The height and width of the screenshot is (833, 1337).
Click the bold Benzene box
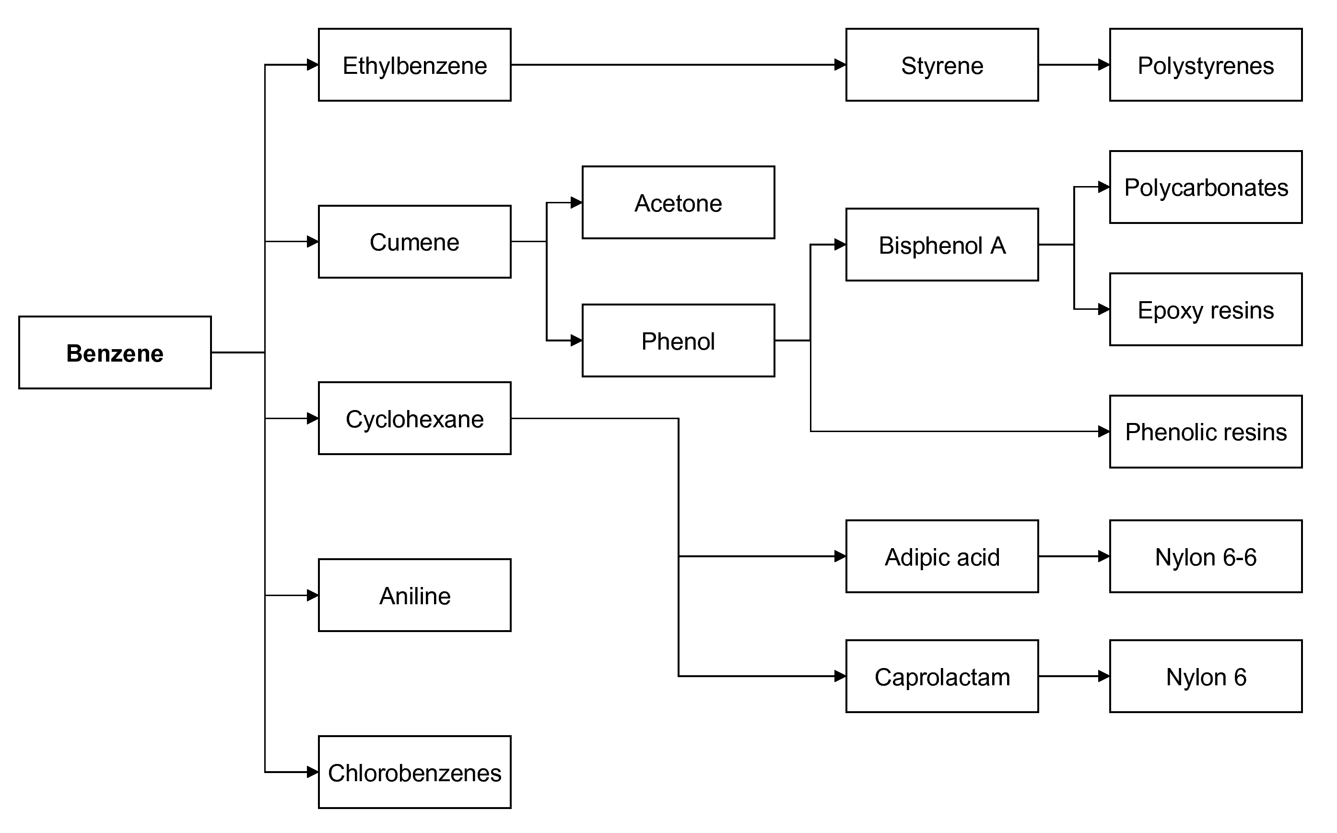pyautogui.click(x=115, y=352)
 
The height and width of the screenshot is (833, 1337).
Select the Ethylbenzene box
pyautogui.click(x=414, y=65)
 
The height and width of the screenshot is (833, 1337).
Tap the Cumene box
pyautogui.click(x=414, y=242)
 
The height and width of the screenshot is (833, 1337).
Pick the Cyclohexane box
pyautogui.click(x=414, y=419)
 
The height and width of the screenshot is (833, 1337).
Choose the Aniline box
pyautogui.click(x=414, y=596)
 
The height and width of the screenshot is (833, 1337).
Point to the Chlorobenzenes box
pyautogui.click(x=414, y=773)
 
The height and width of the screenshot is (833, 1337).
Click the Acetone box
pyautogui.click(x=678, y=203)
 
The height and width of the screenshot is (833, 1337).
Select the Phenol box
pyautogui.click(x=678, y=341)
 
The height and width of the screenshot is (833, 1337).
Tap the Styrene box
pyautogui.click(x=942, y=65)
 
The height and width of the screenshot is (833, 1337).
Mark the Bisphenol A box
pyautogui.click(x=942, y=245)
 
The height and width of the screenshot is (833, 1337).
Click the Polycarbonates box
pyautogui.click(x=1206, y=188)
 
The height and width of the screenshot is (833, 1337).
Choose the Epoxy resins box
pyautogui.click(x=1206, y=310)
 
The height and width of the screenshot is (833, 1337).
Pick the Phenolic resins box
pyautogui.click(x=1206, y=432)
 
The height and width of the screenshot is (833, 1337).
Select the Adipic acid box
pyautogui.click(x=942, y=556)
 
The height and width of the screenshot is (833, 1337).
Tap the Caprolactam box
pyautogui.click(x=942, y=677)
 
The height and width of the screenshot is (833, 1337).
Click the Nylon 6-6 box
pyautogui.click(x=1206, y=556)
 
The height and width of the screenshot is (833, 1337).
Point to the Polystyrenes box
pyautogui.click(x=1206, y=65)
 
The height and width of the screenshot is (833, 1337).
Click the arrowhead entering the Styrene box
pyautogui.click(x=840, y=65)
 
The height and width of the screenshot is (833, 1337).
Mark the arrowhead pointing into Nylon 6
pyautogui.click(x=1104, y=676)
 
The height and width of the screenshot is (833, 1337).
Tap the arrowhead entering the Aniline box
pyautogui.click(x=312, y=596)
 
